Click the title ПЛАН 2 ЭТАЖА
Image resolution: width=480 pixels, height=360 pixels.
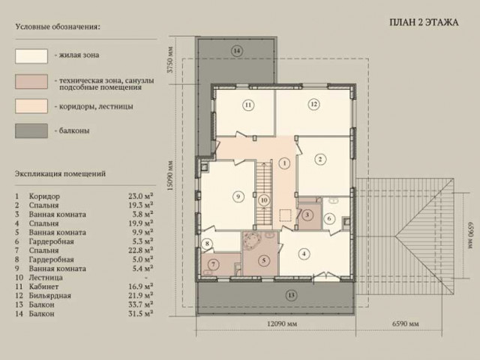click(x=424, y=22)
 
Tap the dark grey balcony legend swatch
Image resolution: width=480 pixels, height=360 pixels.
click(x=31, y=131)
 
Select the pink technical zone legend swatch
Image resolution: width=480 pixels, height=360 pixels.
click(x=31, y=82)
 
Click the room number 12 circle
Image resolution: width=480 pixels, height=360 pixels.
click(x=313, y=104)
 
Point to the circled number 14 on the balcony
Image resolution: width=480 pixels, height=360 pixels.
click(x=237, y=50)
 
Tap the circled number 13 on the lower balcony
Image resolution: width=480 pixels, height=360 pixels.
click(x=291, y=295)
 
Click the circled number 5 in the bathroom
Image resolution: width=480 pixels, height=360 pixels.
click(x=263, y=260)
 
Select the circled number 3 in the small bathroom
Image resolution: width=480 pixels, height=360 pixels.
click(x=307, y=214)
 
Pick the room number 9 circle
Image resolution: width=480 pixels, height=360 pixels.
click(x=238, y=196)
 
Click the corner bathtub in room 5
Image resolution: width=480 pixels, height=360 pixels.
click(x=253, y=241)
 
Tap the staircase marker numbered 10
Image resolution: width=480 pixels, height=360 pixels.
click(x=264, y=200)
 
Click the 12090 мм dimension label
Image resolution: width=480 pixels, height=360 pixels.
click(x=282, y=323)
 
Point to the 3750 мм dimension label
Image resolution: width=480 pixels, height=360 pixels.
click(x=171, y=59)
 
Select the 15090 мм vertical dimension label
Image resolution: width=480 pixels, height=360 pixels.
click(x=171, y=175)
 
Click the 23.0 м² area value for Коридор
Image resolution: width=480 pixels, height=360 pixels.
click(x=141, y=196)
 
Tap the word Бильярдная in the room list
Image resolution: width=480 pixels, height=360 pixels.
click(x=50, y=295)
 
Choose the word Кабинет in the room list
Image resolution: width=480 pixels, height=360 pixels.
click(x=43, y=286)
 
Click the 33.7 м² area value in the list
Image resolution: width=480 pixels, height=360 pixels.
click(x=141, y=304)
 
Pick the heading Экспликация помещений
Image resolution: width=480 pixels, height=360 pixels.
click(x=60, y=173)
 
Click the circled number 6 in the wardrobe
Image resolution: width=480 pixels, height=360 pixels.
click(x=329, y=218)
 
